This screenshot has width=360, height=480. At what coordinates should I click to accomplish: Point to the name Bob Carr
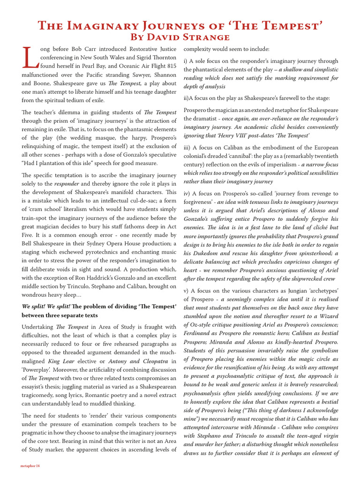pyautogui.click(x=84, y=49)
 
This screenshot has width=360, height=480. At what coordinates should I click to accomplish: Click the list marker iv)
pyautogui.click(x=187, y=194)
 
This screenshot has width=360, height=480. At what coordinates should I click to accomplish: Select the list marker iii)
pyautogui.click(x=187, y=148)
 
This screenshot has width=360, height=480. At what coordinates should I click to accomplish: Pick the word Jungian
pyautogui.click(x=288, y=291)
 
